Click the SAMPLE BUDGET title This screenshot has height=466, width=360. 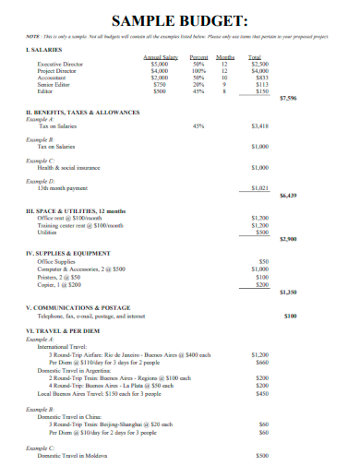[179, 19]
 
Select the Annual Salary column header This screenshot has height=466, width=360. [160, 57]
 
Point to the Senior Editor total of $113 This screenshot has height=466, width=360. [260, 84]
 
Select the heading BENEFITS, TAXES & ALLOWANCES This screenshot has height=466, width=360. [83, 111]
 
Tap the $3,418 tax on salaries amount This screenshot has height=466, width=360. [260, 125]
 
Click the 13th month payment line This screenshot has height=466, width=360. [64, 187]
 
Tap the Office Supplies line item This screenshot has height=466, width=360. [54, 261]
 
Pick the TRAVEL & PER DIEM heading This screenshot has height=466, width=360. [66, 329]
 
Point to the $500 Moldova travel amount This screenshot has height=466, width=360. [261, 456]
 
